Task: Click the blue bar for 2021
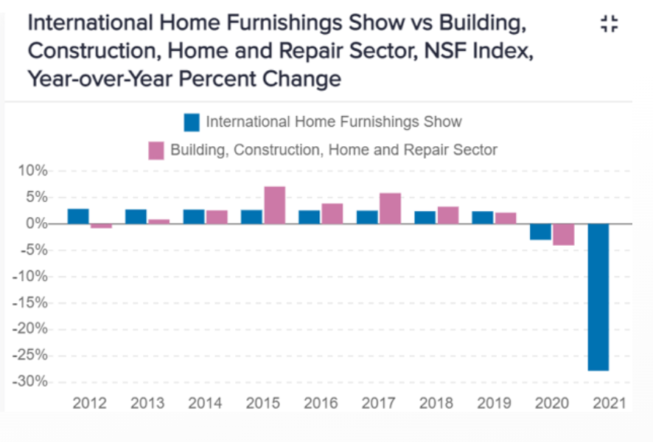click(598, 297)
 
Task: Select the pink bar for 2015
click(274, 205)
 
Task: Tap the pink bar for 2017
click(390, 208)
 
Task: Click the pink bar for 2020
click(563, 235)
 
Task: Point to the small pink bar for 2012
click(101, 226)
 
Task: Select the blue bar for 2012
click(78, 216)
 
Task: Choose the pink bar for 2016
click(332, 213)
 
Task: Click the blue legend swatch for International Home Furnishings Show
click(192, 122)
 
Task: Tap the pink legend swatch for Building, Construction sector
click(156, 151)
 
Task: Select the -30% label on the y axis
click(29, 382)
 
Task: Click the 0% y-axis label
click(35, 224)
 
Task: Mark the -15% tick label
click(29, 303)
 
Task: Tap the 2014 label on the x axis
click(205, 404)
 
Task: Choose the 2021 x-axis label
click(608, 404)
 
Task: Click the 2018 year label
click(436, 404)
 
